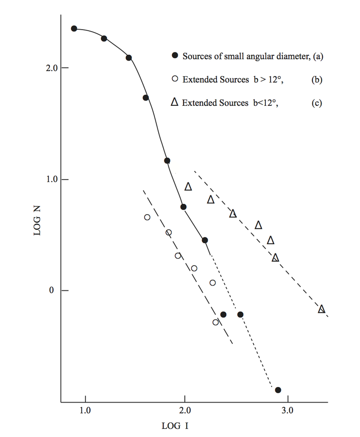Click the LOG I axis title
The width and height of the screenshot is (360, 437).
pos(175,426)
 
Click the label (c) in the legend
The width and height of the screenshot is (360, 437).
pos(317,103)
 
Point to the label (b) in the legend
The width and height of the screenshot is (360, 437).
pos(317,80)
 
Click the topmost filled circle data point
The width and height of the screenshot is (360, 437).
pos(74,29)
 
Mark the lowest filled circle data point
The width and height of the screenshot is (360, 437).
pos(278,390)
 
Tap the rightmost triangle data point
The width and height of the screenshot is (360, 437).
pos(321,309)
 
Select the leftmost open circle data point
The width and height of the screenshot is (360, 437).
pos(147,217)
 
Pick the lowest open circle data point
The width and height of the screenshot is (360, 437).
pos(215,322)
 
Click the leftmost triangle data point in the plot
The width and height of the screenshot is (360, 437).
pos(188,186)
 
